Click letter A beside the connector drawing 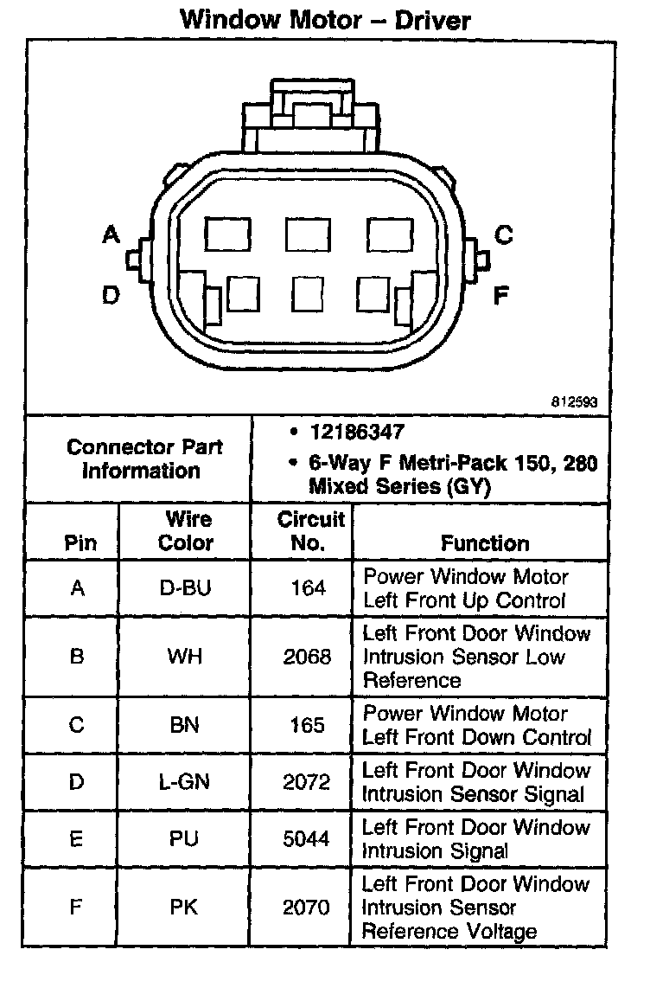pyautogui.click(x=111, y=234)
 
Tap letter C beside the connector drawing pyautogui.click(x=504, y=234)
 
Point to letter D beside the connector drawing pyautogui.click(x=111, y=296)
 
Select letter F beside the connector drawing pyautogui.click(x=501, y=296)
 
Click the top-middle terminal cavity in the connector pyautogui.click(x=308, y=234)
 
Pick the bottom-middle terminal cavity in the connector pyautogui.click(x=308, y=293)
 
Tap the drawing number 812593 pyautogui.click(x=574, y=402)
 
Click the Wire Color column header pyautogui.click(x=186, y=531)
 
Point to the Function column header pyautogui.click(x=485, y=543)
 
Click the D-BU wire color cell pyautogui.click(x=186, y=589)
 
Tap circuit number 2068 pyautogui.click(x=307, y=657)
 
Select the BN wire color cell pyautogui.click(x=186, y=725)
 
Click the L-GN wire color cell pyautogui.click(x=186, y=783)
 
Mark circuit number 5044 pyautogui.click(x=307, y=839)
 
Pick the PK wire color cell pyautogui.click(x=186, y=908)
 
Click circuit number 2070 pyautogui.click(x=307, y=908)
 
